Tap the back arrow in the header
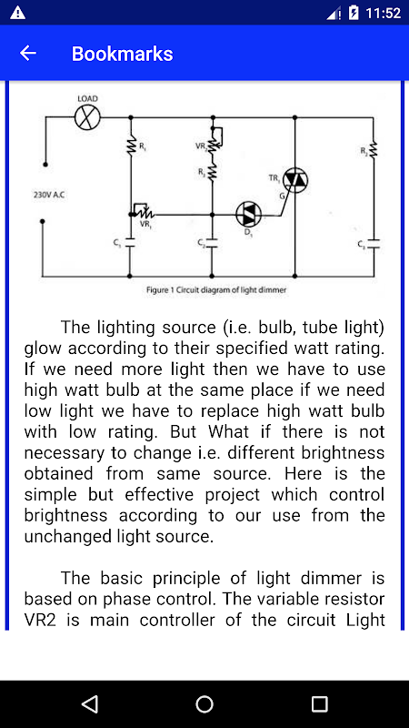coord(28,54)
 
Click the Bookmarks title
coord(123,54)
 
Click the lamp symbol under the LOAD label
coord(87,117)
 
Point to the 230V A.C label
coord(49,195)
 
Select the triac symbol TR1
coord(295,179)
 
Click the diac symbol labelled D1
coord(248,215)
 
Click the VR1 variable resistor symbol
coord(143,211)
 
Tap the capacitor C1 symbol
coord(130,242)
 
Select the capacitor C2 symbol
coord(212,242)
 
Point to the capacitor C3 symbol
coord(374,244)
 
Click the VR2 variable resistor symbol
coord(215,138)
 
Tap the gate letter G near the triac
coord(282,197)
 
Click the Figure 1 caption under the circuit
coord(216,290)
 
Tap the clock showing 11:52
coord(383,13)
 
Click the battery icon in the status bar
coord(354,13)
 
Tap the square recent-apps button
coord(320,703)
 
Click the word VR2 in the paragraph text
coord(40,621)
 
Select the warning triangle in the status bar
coord(17,13)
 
